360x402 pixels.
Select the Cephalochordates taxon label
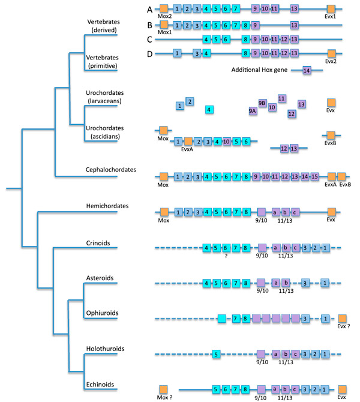111,170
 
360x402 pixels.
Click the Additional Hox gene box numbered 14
307,71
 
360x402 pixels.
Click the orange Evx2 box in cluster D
331,53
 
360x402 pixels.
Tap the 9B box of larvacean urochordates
262,103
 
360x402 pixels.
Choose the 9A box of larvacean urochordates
253,110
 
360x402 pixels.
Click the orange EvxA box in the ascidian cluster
188,142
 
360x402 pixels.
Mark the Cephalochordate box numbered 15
314,177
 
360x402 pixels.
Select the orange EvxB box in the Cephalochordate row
342,177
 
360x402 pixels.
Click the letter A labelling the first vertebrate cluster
149,9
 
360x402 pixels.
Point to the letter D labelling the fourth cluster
149,54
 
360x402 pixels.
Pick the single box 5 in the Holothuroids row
215,354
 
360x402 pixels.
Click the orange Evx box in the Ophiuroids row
342,319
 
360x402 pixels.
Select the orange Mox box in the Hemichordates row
164,212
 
